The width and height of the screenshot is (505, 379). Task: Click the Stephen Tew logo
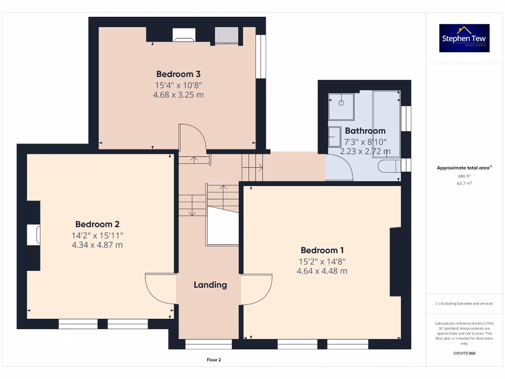click(x=464, y=38)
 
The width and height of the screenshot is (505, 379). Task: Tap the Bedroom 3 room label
click(x=178, y=74)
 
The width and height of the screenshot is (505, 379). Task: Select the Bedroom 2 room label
click(x=97, y=224)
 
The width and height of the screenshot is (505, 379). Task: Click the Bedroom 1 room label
click(x=322, y=250)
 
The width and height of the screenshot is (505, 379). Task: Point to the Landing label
click(x=210, y=285)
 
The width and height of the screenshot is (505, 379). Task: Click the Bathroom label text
click(x=365, y=131)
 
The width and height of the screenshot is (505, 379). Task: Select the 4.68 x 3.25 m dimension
click(x=178, y=95)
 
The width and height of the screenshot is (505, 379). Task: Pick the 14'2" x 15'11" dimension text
click(x=97, y=235)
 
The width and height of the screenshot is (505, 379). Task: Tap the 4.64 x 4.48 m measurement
click(x=322, y=271)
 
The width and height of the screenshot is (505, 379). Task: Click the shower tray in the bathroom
click(x=341, y=107)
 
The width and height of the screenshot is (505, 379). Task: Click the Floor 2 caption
click(x=214, y=360)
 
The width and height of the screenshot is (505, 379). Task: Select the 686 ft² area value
click(x=464, y=176)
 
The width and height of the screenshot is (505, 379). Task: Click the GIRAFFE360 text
click(x=464, y=353)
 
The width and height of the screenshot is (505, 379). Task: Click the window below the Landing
click(x=208, y=344)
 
